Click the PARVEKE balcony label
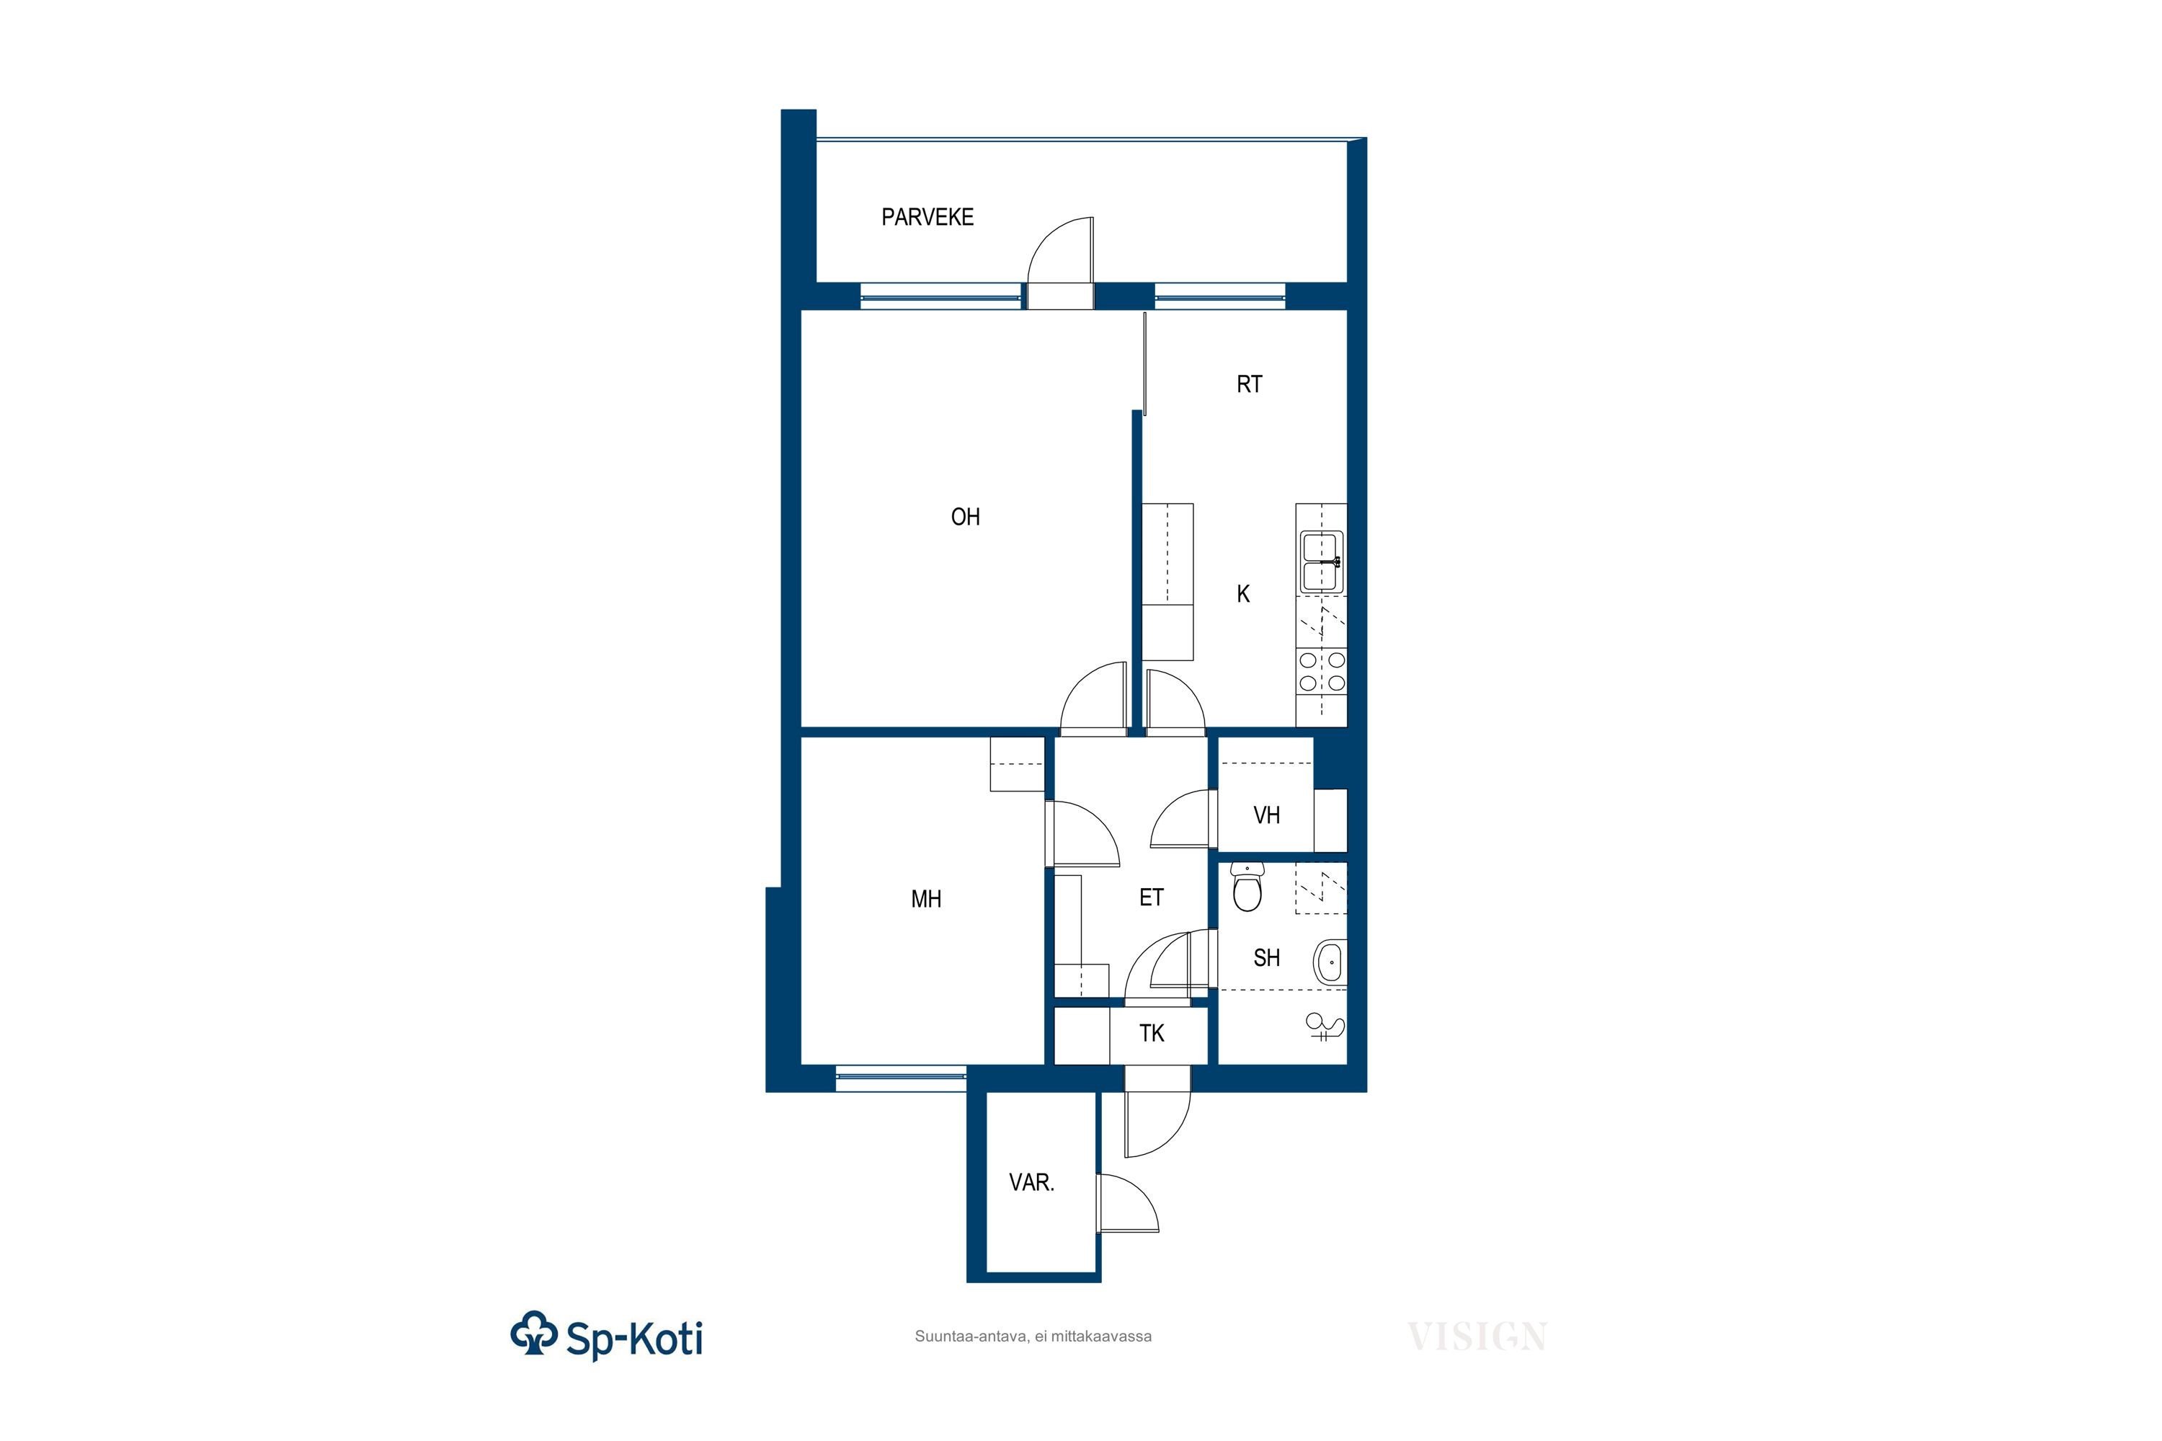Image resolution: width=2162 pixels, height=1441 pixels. pos(927,217)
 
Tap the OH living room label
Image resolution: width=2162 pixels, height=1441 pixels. pos(965,518)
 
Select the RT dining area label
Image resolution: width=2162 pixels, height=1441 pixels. pos(1249,384)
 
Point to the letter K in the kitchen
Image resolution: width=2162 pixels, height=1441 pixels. pos(1243,595)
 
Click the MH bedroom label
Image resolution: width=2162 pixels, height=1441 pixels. pos(926,899)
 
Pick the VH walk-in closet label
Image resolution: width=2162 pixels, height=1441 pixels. pos(1266,815)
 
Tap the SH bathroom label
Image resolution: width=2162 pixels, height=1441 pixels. pos(1266,957)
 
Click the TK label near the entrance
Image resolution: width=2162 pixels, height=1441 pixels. pos(1152,1034)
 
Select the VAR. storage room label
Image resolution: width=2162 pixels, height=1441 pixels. pos(1031,1183)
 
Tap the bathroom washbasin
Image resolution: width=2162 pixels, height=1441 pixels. pos(1330,962)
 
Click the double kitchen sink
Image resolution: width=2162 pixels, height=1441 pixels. pos(1321,562)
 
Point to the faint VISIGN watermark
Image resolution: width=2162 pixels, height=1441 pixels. pos(1477,1336)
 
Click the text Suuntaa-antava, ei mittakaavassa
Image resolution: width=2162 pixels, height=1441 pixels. pos(1033,1336)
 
